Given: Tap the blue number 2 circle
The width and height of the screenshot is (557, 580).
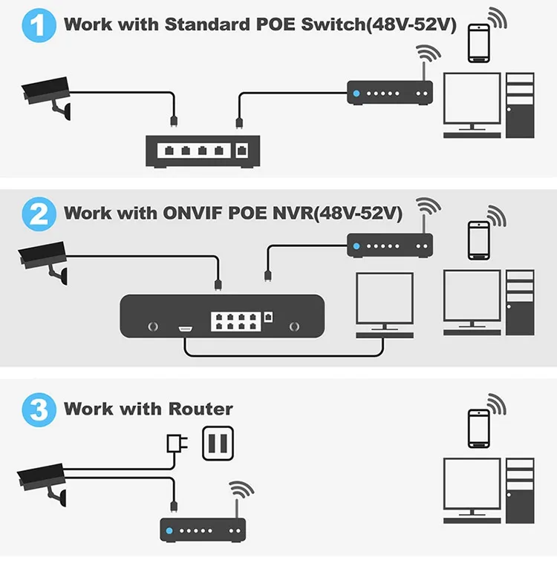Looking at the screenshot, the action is [x=38, y=215].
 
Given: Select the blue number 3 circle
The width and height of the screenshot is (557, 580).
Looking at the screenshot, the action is [x=38, y=409].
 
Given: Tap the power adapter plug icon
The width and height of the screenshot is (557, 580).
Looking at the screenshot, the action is [x=176, y=444].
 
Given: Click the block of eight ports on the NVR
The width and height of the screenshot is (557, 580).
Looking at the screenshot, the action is [x=237, y=320].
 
